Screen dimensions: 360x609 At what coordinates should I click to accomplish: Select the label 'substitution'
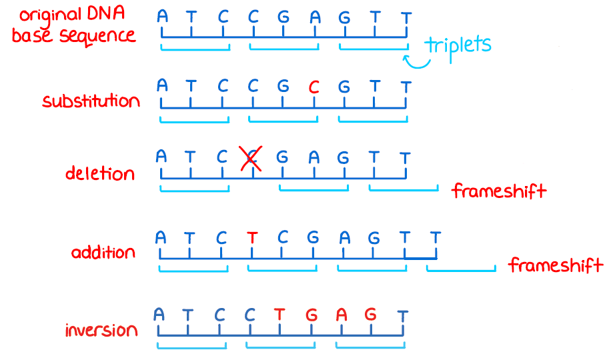click(x=91, y=101)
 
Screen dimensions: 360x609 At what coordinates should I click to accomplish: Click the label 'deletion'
click(x=99, y=174)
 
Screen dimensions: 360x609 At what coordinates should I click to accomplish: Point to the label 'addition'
click(x=103, y=253)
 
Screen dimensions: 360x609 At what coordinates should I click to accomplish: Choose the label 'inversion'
click(x=101, y=330)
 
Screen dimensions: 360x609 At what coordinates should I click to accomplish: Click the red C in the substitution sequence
click(x=314, y=87)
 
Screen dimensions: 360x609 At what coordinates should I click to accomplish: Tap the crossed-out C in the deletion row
click(x=251, y=158)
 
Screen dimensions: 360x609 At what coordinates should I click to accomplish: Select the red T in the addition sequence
click(x=251, y=237)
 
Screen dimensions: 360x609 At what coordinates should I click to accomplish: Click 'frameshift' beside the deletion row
click(x=499, y=191)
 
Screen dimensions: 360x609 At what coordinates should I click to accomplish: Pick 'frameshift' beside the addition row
click(x=556, y=265)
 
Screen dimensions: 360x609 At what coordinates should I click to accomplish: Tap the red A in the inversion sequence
click(x=341, y=315)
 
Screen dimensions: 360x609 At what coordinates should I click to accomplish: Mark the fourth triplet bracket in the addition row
click(x=461, y=269)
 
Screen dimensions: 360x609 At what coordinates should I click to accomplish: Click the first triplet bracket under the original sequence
click(x=195, y=48)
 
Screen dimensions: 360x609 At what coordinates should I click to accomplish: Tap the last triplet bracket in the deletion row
click(x=403, y=189)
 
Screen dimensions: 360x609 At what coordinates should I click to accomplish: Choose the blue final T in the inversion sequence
click(x=402, y=315)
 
